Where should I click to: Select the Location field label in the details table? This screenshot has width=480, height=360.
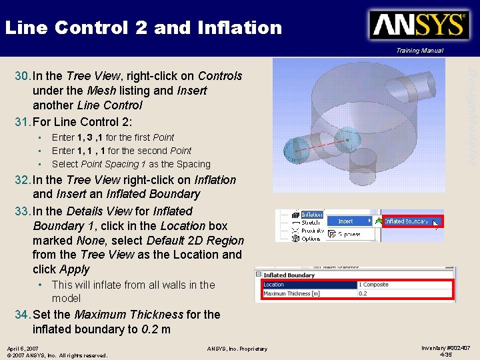click(274, 285)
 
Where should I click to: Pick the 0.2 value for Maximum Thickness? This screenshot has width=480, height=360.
click(363, 293)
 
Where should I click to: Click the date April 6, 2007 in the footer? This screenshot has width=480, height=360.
click(23, 348)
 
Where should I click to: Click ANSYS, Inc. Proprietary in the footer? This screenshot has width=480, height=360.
click(237, 349)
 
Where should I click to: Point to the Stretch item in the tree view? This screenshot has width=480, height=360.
click(311, 223)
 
